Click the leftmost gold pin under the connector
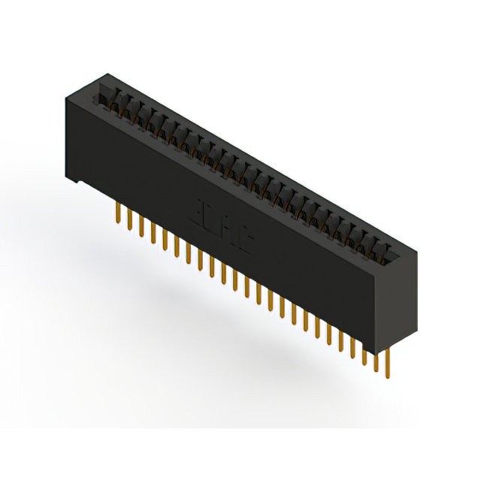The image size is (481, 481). tap(119, 210)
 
